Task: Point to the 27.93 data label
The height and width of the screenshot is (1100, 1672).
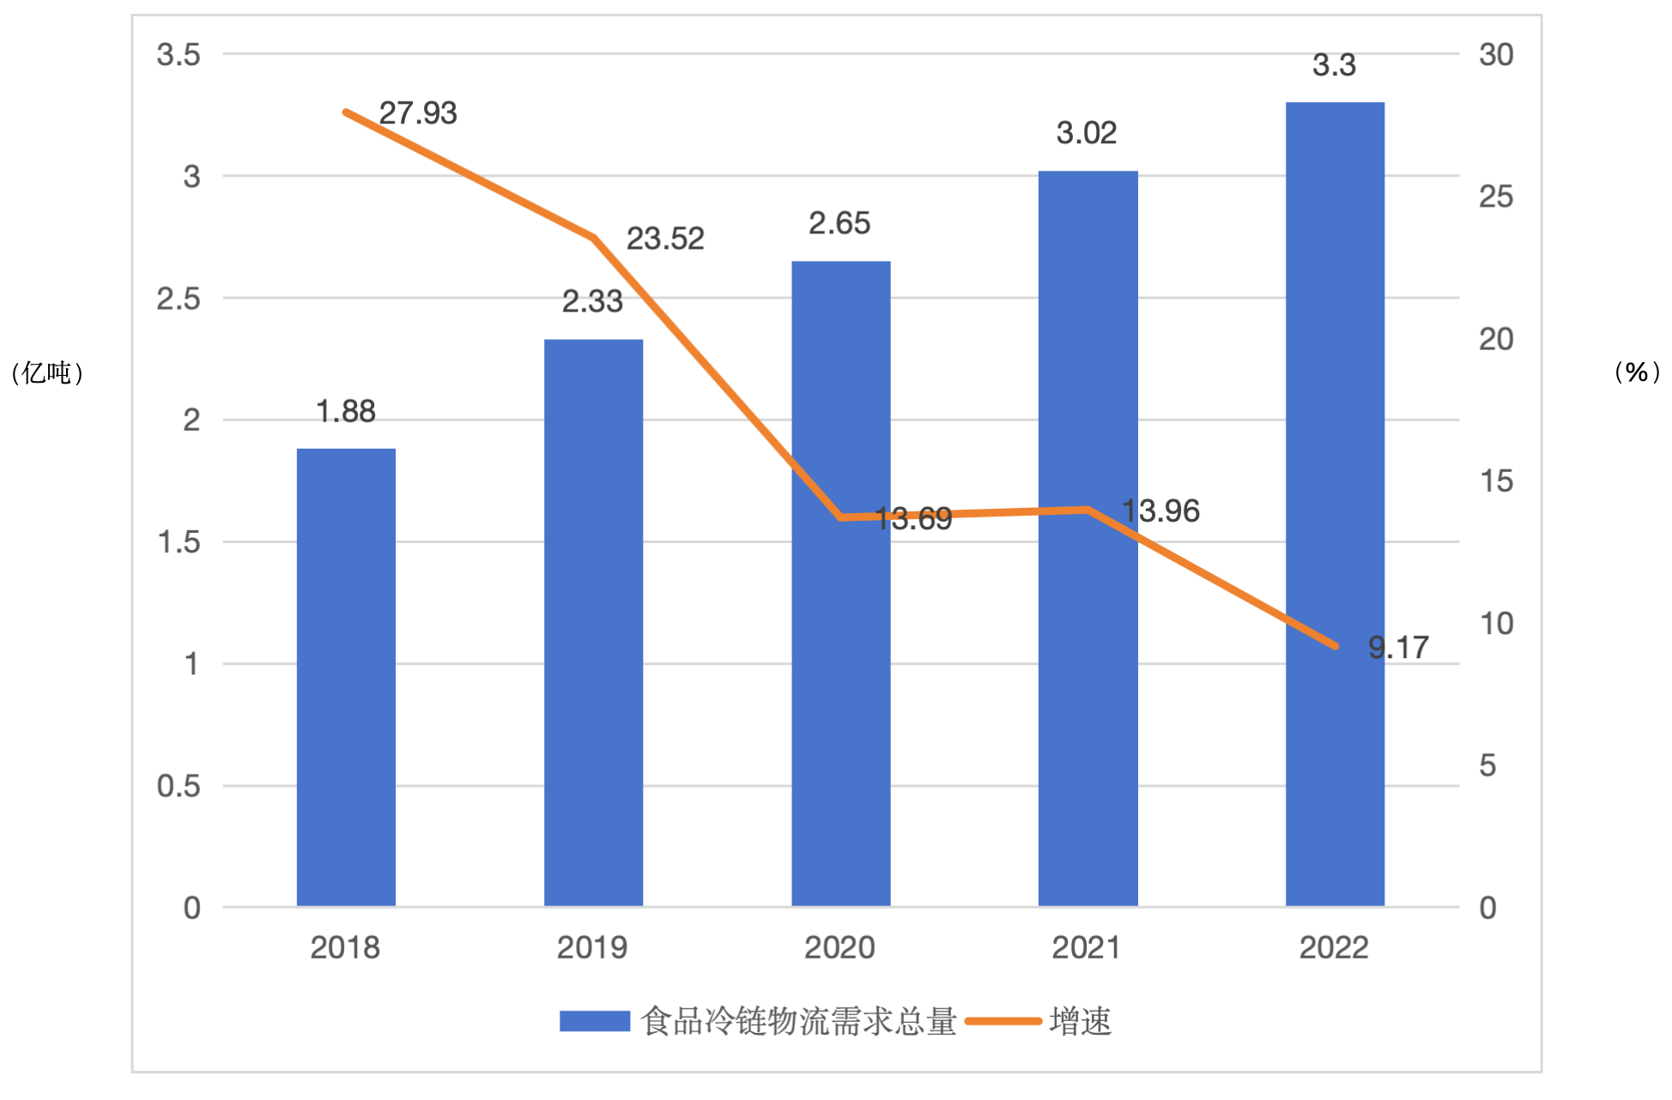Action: [418, 113]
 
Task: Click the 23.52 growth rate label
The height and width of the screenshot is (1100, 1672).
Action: [665, 239]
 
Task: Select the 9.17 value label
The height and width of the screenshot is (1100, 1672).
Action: [1398, 648]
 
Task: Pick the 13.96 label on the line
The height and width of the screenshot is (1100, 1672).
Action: [1160, 511]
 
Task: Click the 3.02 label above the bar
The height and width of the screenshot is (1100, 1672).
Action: [1087, 133]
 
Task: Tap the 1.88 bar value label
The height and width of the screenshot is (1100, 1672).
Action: [346, 412]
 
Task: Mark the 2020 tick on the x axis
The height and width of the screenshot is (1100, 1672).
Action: [839, 948]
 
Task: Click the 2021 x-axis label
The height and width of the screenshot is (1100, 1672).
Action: [1087, 948]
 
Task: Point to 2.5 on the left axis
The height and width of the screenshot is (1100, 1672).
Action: [179, 299]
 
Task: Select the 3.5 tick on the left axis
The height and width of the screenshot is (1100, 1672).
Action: [179, 55]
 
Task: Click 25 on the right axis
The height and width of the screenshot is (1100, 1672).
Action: [1496, 197]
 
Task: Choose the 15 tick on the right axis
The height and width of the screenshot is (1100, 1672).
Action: [1496, 481]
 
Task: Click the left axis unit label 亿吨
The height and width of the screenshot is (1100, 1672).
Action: [47, 372]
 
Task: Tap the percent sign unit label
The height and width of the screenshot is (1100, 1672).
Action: [1637, 372]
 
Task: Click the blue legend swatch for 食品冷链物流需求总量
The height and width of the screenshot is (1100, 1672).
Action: [595, 1021]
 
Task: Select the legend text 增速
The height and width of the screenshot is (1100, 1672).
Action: [1081, 1022]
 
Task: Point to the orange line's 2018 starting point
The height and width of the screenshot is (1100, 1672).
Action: [346, 112]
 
